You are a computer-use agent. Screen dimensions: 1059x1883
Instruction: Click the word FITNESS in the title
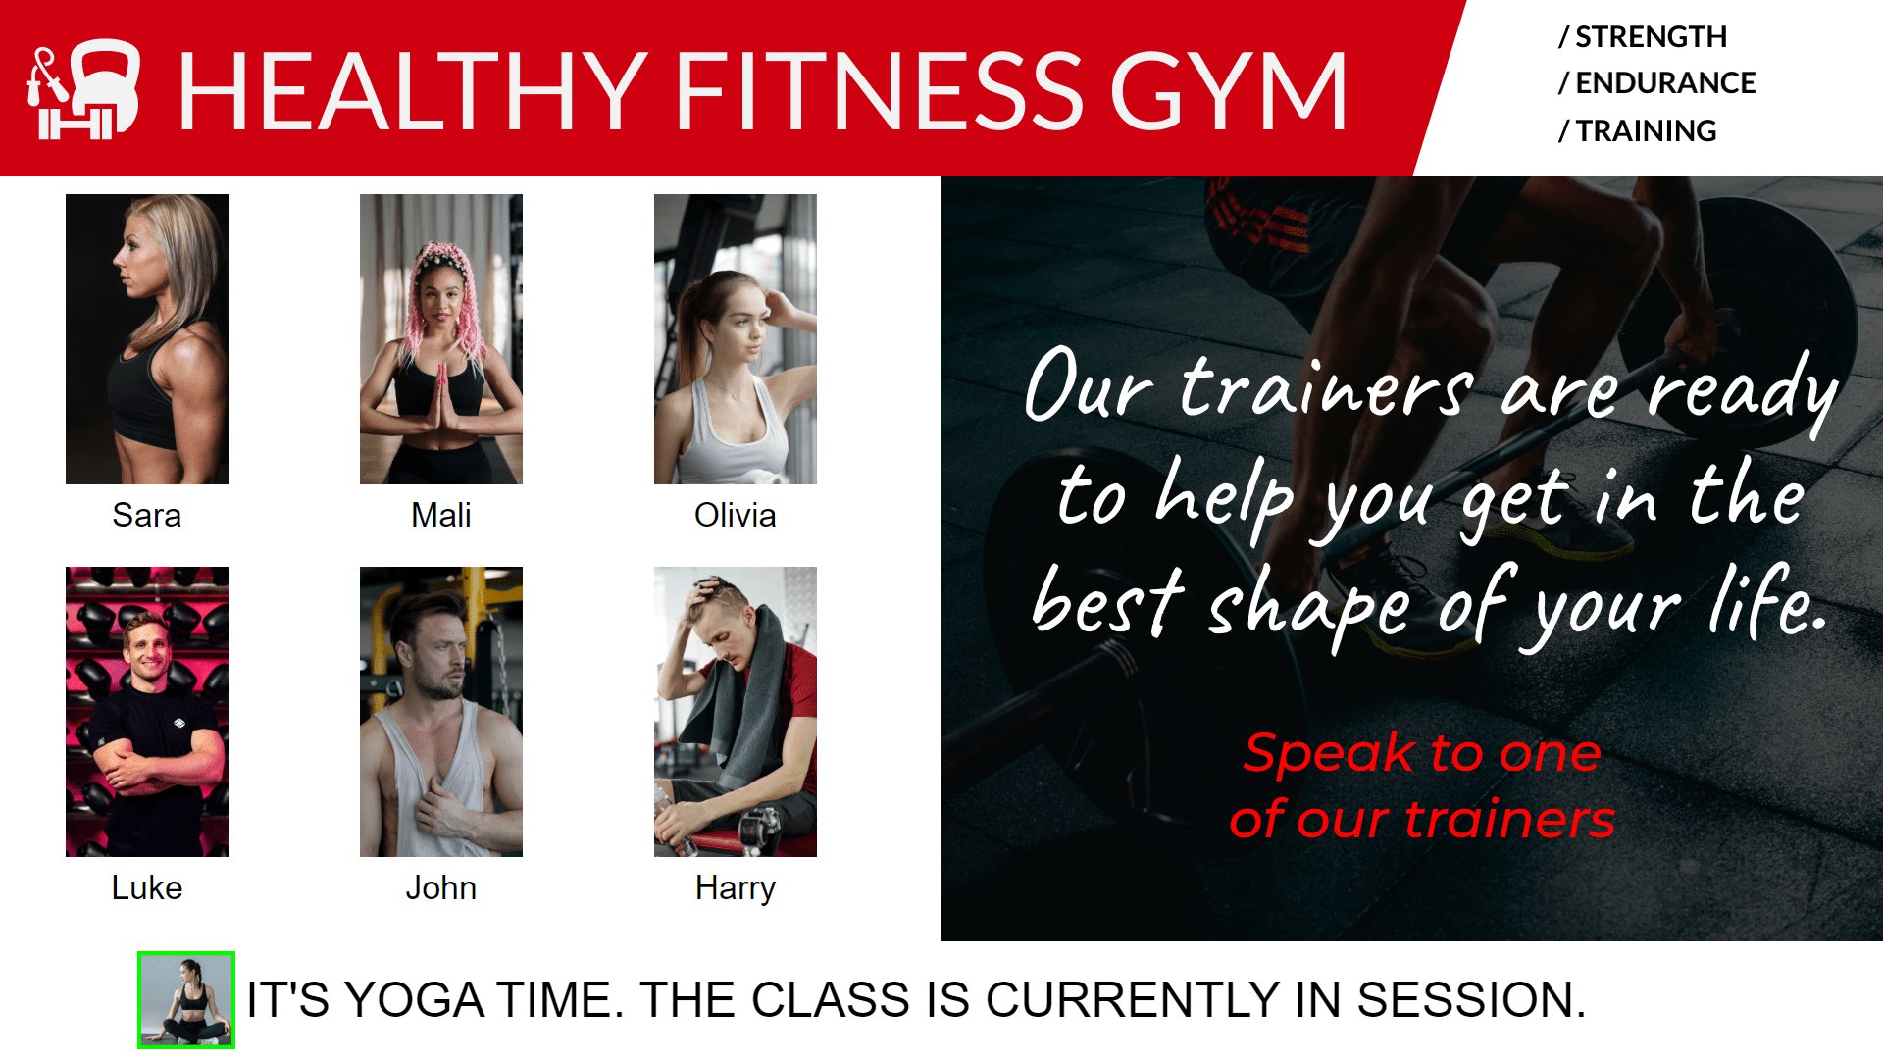[x=879, y=90]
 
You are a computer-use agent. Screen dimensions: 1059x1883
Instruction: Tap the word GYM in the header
[x=1228, y=90]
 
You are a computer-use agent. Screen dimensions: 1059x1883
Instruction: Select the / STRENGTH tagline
[x=1643, y=37]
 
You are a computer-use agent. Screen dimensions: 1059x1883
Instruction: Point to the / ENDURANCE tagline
[x=1657, y=83]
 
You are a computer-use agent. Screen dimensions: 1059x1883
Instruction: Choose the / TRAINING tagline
[x=1638, y=130]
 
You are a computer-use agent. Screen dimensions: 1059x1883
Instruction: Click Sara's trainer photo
[x=147, y=338]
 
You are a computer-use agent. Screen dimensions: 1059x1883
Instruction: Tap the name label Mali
[x=441, y=515]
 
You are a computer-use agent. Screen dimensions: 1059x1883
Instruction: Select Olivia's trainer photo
[x=736, y=338]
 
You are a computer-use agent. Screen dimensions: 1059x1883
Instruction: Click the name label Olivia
[x=736, y=515]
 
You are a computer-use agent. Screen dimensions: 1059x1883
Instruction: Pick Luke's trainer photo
[x=147, y=711]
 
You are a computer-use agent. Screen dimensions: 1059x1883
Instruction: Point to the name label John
[x=441, y=887]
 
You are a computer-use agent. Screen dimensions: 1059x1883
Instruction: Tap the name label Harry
[x=736, y=887]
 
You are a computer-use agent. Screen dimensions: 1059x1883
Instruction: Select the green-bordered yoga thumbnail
[x=186, y=999]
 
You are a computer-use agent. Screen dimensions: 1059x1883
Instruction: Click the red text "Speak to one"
[x=1422, y=753]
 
